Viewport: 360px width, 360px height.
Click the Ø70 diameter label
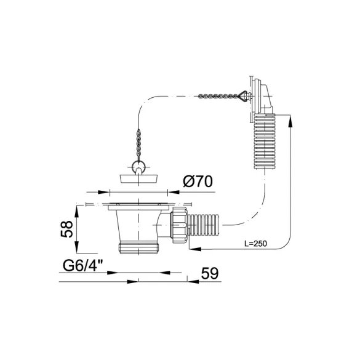(x=198, y=182)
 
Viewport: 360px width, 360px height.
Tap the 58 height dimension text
(x=67, y=229)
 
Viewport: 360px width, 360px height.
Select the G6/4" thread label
(x=83, y=266)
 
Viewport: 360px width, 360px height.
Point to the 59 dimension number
(x=210, y=273)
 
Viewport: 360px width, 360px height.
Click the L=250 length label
(x=255, y=243)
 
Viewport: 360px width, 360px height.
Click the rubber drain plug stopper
(x=139, y=178)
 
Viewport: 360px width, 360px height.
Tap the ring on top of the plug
(x=138, y=166)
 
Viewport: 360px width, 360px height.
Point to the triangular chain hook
(x=244, y=96)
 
